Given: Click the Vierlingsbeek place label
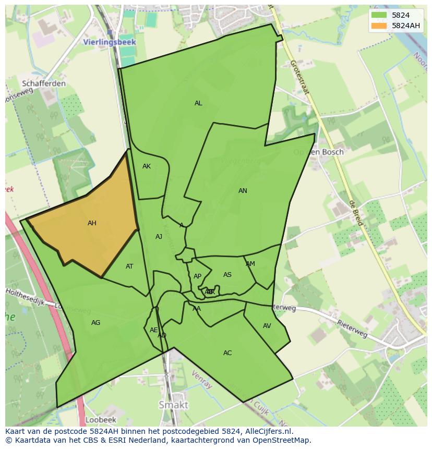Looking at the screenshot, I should [x=110, y=42].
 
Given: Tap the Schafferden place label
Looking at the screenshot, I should [x=44, y=83].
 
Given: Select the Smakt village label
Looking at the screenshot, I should [x=173, y=405].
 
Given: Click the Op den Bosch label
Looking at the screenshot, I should [x=318, y=152].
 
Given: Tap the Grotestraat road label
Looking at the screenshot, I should [x=300, y=77].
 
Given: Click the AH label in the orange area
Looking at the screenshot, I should [x=92, y=223].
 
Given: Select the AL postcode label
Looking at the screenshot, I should [x=198, y=103].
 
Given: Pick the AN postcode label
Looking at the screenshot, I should [x=243, y=191].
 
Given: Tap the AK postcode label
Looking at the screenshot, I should [x=147, y=166].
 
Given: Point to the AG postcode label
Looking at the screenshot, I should [x=95, y=323].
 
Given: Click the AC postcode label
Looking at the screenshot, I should [x=227, y=353].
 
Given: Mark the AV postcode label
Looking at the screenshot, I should [x=267, y=326].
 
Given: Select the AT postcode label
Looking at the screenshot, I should [x=129, y=266].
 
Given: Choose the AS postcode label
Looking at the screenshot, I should [x=227, y=275].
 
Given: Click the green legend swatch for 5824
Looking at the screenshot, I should [x=379, y=15].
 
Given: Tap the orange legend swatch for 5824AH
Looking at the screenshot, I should [x=379, y=26].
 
